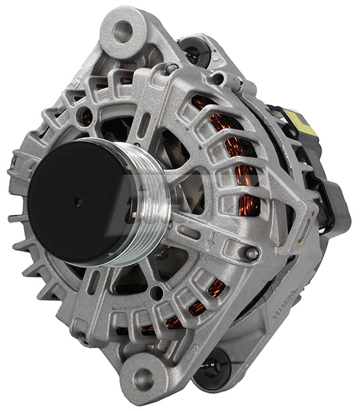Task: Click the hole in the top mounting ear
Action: click(x=123, y=29)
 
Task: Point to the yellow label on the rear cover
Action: click(x=301, y=123)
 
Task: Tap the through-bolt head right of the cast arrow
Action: click(x=252, y=253)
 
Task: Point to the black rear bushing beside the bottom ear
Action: click(x=214, y=362)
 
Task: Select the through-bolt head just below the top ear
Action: click(x=172, y=68)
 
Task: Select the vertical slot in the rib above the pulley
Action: click(x=145, y=125)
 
